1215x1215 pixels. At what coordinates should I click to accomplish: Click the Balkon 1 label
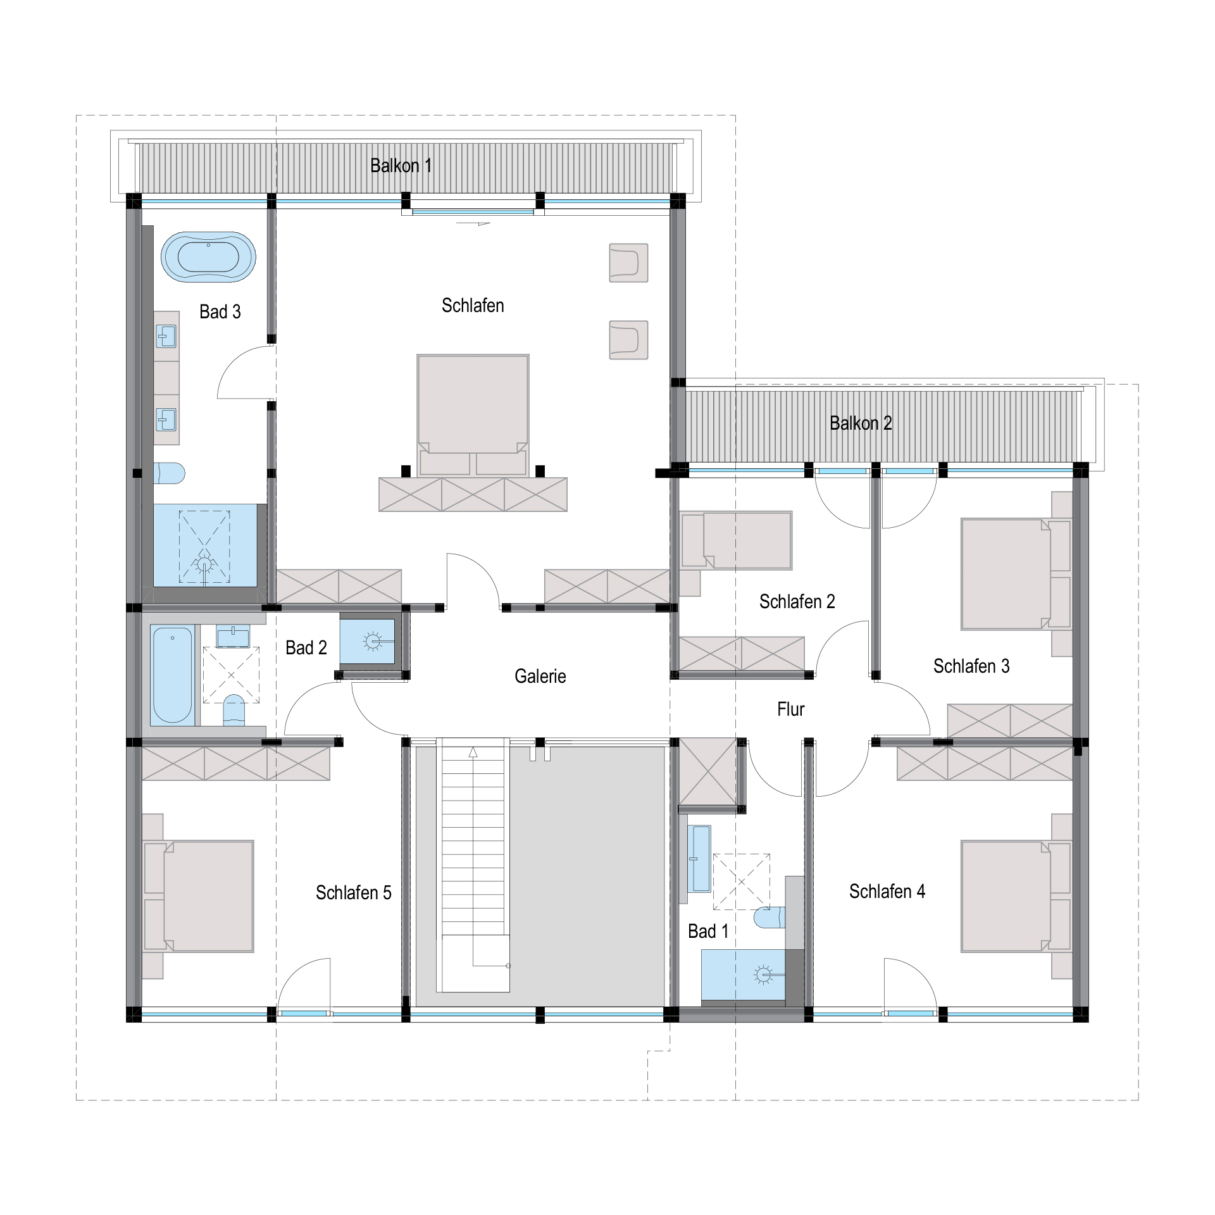click(x=401, y=166)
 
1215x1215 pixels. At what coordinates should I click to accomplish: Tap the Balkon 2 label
click(x=861, y=423)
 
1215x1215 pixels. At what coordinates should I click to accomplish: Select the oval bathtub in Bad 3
click(x=208, y=257)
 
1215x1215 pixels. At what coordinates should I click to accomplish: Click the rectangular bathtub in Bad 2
click(x=172, y=675)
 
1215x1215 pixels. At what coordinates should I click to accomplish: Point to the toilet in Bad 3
click(x=169, y=473)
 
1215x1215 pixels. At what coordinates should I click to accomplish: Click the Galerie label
click(x=540, y=676)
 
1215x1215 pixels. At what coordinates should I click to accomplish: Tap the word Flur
click(x=790, y=709)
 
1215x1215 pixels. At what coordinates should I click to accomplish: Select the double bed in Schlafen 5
click(x=199, y=896)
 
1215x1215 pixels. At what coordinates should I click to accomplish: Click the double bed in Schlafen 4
click(x=1016, y=896)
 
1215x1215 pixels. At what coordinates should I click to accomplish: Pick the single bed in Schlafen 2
click(x=737, y=540)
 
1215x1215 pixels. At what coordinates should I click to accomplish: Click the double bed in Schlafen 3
click(x=1016, y=574)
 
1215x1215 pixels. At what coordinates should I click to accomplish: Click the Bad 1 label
click(x=708, y=931)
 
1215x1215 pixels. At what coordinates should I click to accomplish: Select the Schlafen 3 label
click(x=971, y=666)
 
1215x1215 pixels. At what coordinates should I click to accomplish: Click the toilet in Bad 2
click(x=234, y=710)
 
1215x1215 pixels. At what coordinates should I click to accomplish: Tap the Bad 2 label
click(x=306, y=648)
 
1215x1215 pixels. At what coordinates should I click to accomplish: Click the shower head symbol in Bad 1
click(x=764, y=975)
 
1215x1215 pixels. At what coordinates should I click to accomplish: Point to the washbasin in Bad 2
click(x=233, y=635)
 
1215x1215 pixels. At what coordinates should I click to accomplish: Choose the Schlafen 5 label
click(x=354, y=893)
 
